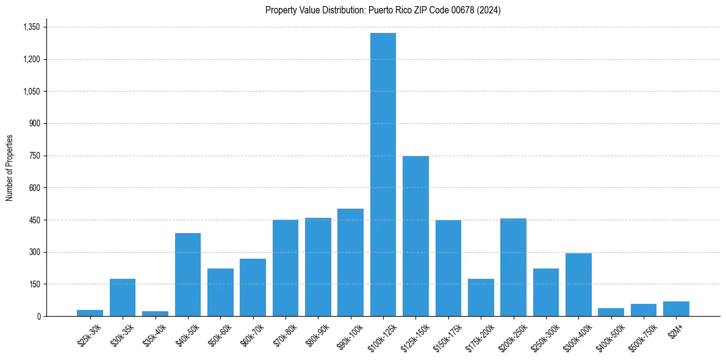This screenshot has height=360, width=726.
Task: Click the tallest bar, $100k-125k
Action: (x=383, y=175)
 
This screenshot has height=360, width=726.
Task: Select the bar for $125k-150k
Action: (x=415, y=236)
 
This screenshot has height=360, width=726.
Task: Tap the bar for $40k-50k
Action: (x=188, y=275)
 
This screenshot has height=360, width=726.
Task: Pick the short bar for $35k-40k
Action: (x=155, y=314)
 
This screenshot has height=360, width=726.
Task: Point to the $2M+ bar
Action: (x=676, y=309)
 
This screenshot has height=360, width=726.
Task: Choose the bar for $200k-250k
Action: (x=513, y=267)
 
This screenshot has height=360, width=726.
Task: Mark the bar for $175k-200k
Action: (x=481, y=298)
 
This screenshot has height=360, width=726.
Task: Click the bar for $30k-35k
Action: (x=123, y=298)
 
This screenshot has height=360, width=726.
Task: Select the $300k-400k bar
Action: (x=578, y=285)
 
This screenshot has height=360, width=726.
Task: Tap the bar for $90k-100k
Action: (x=350, y=262)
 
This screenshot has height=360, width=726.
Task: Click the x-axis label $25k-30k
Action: (x=90, y=336)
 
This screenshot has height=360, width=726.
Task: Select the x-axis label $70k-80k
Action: (x=285, y=336)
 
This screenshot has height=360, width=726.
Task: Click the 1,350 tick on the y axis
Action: (x=31, y=27)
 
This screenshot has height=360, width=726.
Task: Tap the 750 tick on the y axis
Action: (x=34, y=156)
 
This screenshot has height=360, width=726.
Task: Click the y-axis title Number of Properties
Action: (x=10, y=168)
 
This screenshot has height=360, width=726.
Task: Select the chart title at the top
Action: (x=383, y=10)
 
